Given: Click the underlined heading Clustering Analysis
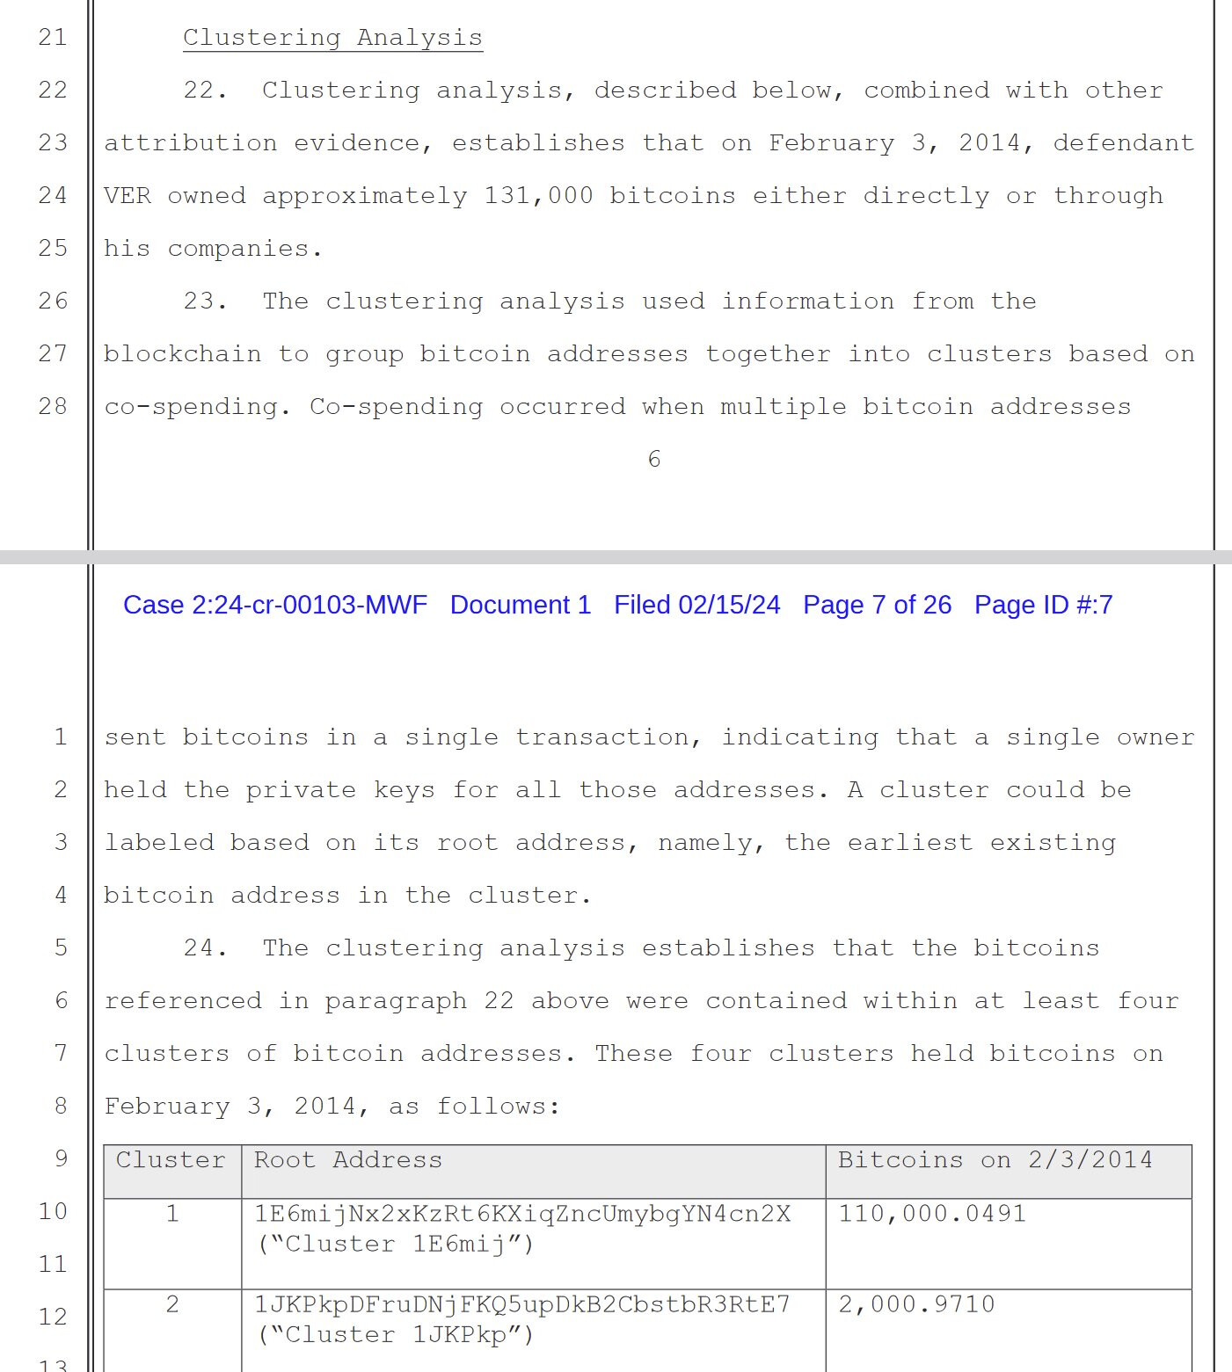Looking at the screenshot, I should (x=332, y=38).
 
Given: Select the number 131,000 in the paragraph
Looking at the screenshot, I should (x=538, y=195).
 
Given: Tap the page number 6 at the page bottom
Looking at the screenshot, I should (x=653, y=459).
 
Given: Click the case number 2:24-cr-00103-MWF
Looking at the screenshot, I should (x=274, y=605).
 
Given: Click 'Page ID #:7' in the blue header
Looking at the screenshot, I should (x=1043, y=605).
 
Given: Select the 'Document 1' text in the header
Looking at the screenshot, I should (x=520, y=605).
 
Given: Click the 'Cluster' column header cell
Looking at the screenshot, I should (x=171, y=1160).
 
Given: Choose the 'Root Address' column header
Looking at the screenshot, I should (x=348, y=1160).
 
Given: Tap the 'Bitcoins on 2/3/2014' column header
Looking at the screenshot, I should (x=995, y=1160).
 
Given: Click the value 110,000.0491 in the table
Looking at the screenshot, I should (x=931, y=1214).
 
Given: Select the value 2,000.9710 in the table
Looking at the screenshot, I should (x=915, y=1304).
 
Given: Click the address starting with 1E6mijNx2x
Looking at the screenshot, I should (x=522, y=1214).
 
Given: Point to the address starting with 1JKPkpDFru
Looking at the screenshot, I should (x=522, y=1304).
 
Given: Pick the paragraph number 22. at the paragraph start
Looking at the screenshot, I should (x=205, y=91).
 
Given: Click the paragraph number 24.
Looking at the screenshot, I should (x=205, y=948).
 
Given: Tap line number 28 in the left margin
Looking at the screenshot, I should (x=53, y=406).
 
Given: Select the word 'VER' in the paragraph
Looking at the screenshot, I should (x=128, y=195).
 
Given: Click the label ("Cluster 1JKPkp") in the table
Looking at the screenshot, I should (x=396, y=1335).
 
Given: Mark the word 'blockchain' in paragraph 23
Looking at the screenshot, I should (x=182, y=353).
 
